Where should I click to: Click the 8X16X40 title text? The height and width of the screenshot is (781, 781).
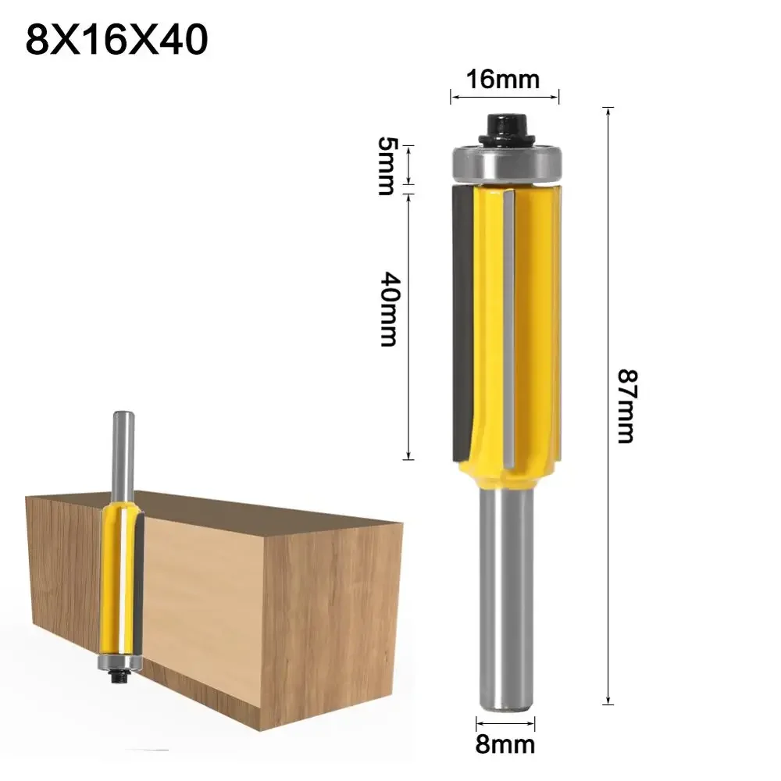(x=117, y=41)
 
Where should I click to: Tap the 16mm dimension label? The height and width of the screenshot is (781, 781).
(x=503, y=80)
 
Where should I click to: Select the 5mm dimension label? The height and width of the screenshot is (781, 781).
(x=386, y=166)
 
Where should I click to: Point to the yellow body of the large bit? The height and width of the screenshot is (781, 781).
(x=531, y=328)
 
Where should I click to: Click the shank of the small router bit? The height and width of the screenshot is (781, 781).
(x=121, y=453)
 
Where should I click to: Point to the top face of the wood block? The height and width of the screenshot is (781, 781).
(x=234, y=508)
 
